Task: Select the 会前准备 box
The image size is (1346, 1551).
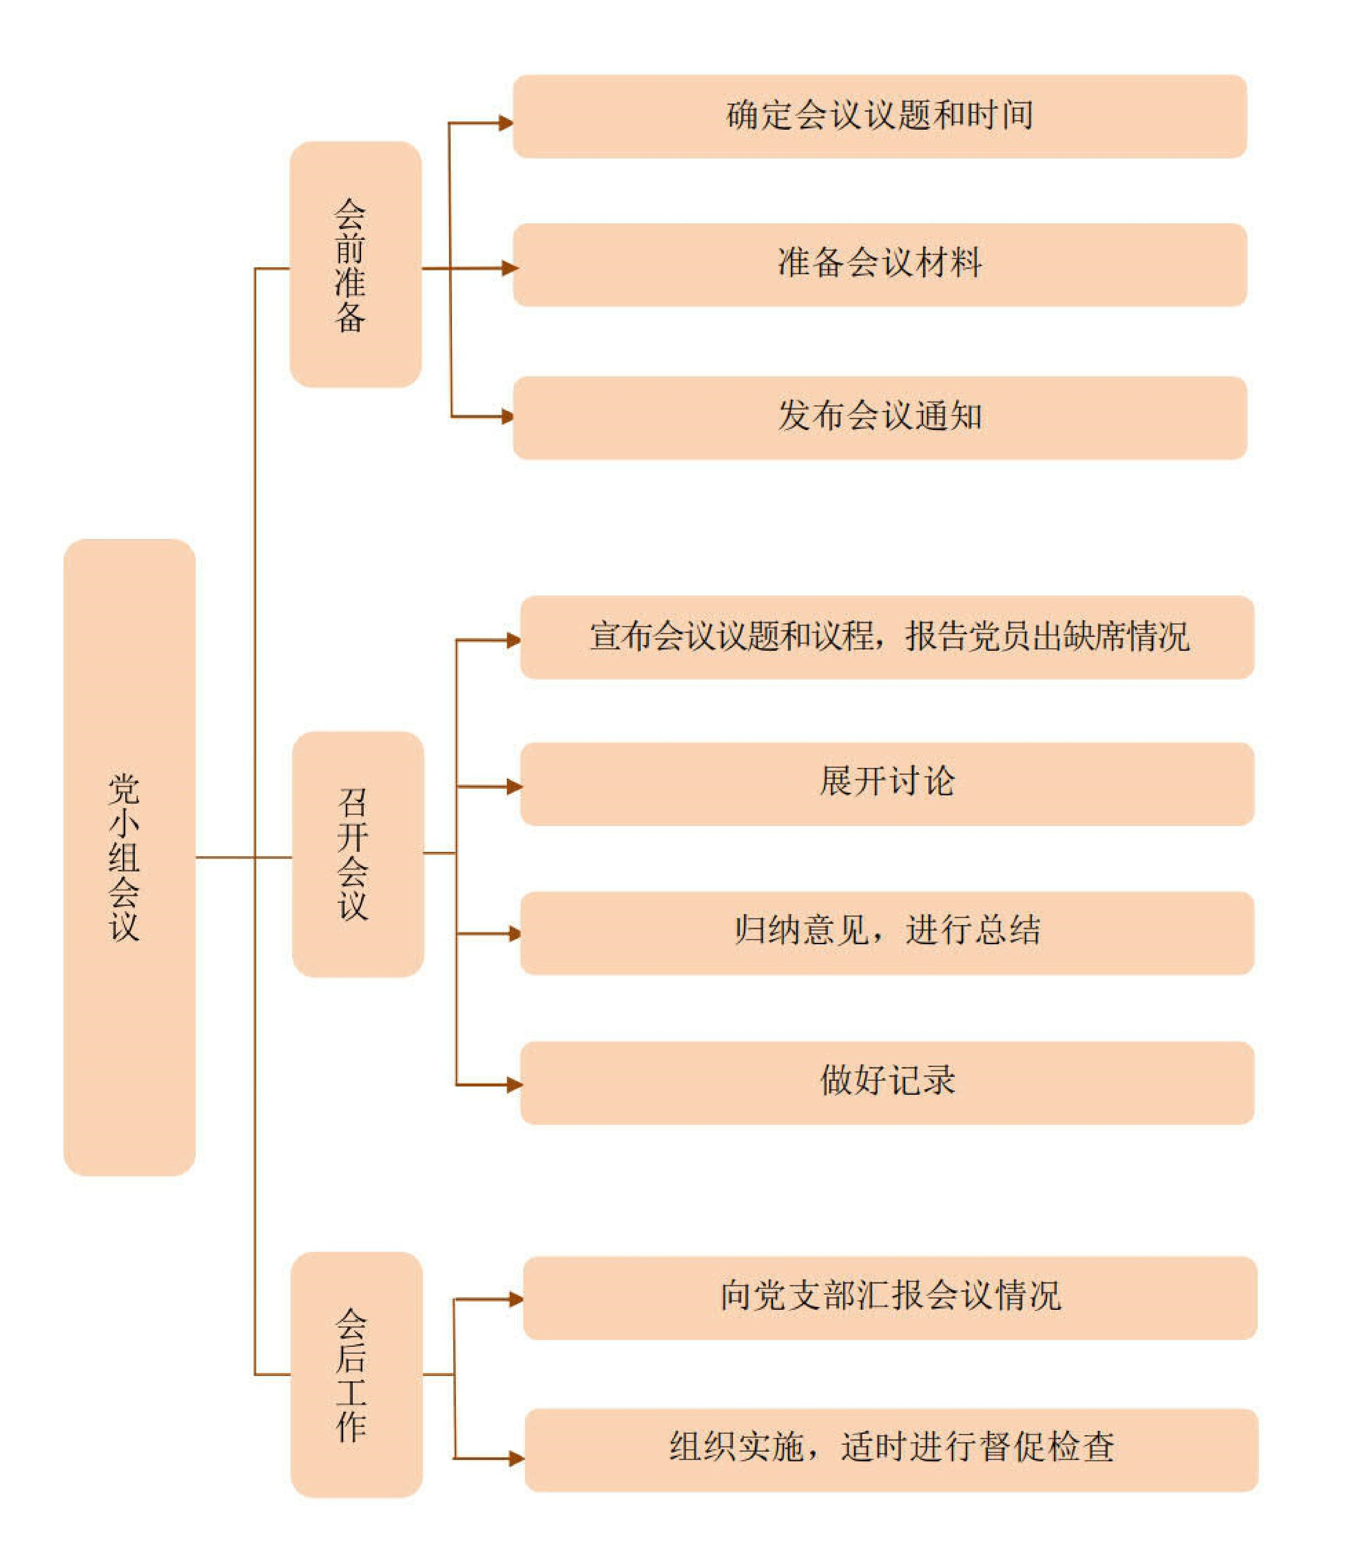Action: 355,265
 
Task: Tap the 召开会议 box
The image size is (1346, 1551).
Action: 357,854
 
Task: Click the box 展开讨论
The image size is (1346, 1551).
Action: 887,784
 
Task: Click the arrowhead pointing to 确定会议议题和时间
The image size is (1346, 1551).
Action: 506,122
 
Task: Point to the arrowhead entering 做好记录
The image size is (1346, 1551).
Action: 514,1085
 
